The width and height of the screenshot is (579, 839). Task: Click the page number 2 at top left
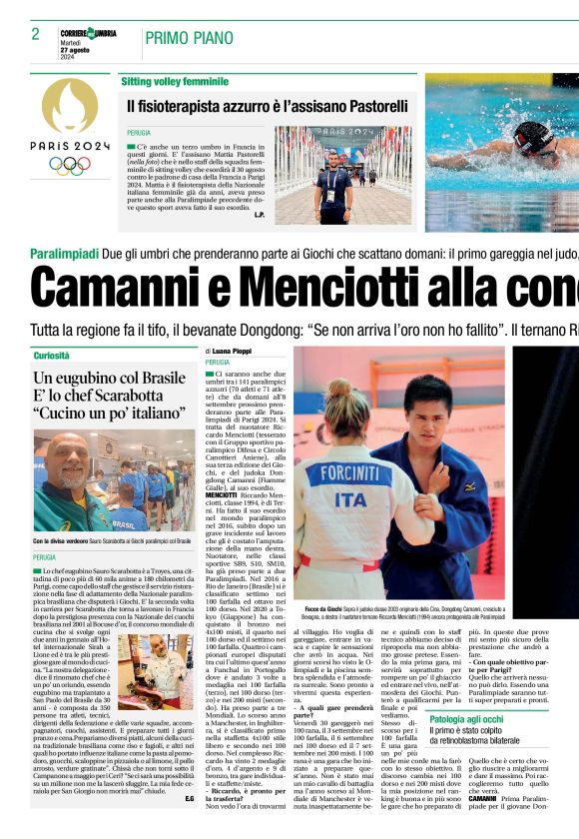[x=35, y=34]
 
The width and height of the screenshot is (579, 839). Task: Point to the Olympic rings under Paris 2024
[x=70, y=164]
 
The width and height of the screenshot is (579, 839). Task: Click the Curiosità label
[x=52, y=356]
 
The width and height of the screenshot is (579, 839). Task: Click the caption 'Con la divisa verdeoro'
[x=65, y=540]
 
